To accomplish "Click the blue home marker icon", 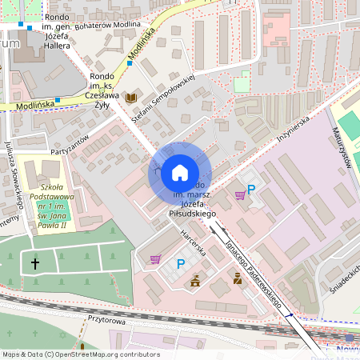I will click(x=180, y=173).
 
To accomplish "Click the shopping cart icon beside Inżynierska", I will click(x=239, y=194).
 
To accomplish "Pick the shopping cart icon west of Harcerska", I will click(x=155, y=258).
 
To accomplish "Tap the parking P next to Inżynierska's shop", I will click(x=251, y=190).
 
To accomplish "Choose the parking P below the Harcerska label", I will click(x=180, y=264).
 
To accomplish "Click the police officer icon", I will click(x=237, y=278).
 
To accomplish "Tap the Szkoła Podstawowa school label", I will click(x=46, y=186).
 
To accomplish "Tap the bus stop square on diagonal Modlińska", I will click(x=129, y=62).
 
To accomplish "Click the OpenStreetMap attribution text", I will click(x=80, y=354).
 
